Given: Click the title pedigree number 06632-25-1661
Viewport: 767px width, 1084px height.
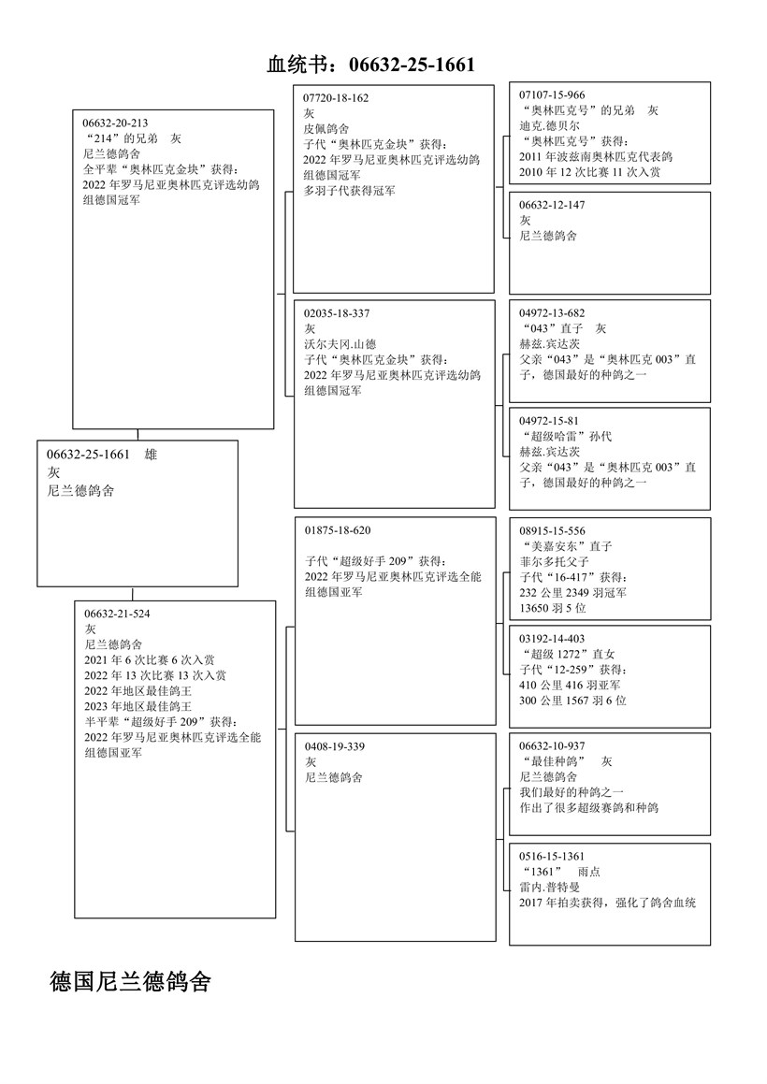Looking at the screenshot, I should pyautogui.click(x=412, y=65).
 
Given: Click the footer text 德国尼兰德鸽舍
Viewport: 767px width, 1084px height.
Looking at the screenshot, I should pyautogui.click(x=130, y=982).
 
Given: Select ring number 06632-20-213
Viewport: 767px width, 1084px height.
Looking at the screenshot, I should pyautogui.click(x=115, y=123).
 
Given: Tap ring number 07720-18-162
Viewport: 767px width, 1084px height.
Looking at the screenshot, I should pyautogui.click(x=337, y=98).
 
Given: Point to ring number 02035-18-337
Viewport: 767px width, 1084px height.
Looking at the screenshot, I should pyautogui.click(x=337, y=313).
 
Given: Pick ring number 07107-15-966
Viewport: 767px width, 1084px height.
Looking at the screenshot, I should pyautogui.click(x=552, y=95).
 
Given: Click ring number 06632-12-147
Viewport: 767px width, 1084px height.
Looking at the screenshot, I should pyautogui.click(x=552, y=205).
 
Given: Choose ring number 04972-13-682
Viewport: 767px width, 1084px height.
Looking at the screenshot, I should pyautogui.click(x=552, y=313).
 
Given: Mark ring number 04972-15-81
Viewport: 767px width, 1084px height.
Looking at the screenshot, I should pyautogui.click(x=549, y=421).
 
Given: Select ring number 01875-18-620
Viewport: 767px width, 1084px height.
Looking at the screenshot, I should pyautogui.click(x=337, y=530).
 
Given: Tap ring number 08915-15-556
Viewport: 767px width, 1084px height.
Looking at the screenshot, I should pyautogui.click(x=552, y=531).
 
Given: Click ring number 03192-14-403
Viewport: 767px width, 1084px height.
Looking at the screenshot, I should pyautogui.click(x=552, y=639).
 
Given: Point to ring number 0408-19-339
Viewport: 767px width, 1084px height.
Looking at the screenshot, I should pyautogui.click(x=334, y=746).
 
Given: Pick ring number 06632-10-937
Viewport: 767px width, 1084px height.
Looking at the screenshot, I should pyautogui.click(x=552, y=746).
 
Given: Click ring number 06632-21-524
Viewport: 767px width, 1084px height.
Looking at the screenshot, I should pyautogui.click(x=117, y=614).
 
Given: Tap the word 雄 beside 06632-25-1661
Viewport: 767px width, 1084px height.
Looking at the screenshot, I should pyautogui.click(x=152, y=455).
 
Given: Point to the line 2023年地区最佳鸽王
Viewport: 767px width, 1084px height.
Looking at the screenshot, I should pyautogui.click(x=137, y=706).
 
